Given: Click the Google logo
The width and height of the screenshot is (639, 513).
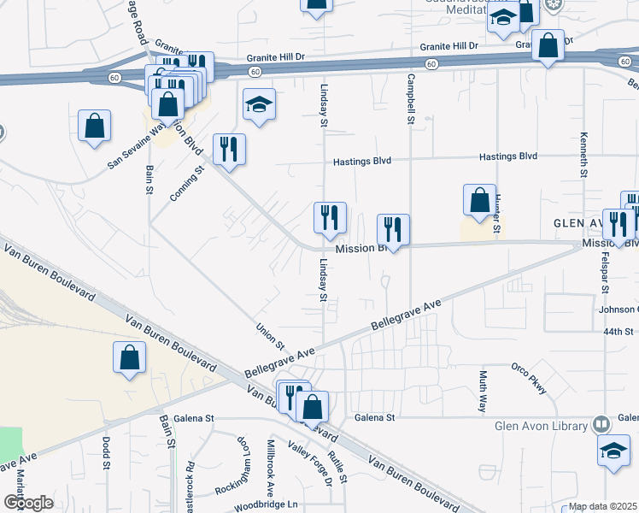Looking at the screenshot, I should [27, 503].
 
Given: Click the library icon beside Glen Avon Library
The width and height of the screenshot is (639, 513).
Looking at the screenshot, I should [601, 424].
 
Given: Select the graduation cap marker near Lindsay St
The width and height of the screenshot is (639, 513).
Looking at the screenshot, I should [260, 106].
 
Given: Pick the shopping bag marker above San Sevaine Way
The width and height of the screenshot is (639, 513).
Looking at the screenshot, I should [94, 127].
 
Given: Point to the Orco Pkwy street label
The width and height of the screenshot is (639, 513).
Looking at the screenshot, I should [529, 378].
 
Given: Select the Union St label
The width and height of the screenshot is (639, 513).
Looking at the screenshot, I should [270, 336].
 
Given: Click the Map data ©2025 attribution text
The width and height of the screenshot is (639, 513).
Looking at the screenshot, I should [602, 506].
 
